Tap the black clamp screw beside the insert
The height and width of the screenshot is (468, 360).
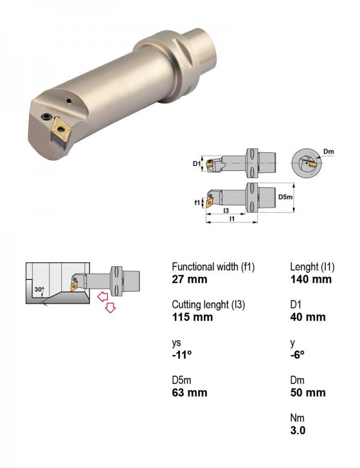click(46, 116)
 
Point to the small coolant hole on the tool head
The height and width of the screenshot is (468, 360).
click(69, 101)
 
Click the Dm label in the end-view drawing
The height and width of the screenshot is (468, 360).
click(328, 152)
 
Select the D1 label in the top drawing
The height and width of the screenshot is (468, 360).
click(196, 163)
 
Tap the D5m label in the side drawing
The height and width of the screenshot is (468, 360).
click(285, 197)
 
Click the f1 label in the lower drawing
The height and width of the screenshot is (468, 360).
click(197, 203)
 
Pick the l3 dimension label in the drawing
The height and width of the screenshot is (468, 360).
click(226, 211)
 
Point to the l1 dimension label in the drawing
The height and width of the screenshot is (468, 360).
click(232, 218)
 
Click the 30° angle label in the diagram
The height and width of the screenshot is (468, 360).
click(39, 289)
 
